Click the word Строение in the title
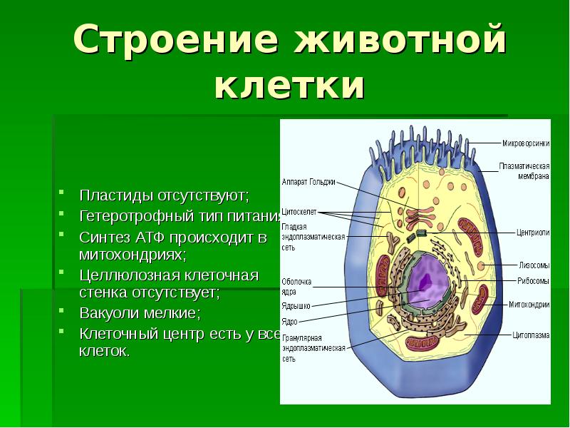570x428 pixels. [152, 41]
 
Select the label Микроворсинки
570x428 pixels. [526, 143]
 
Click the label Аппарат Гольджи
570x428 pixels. [308, 181]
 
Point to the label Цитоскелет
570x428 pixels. [299, 212]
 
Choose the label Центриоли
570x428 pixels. [532, 232]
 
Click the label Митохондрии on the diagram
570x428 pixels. [529, 304]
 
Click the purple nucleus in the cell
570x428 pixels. [426, 280]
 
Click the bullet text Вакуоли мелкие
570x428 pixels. [140, 313]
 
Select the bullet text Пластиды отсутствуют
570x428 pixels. [164, 194]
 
